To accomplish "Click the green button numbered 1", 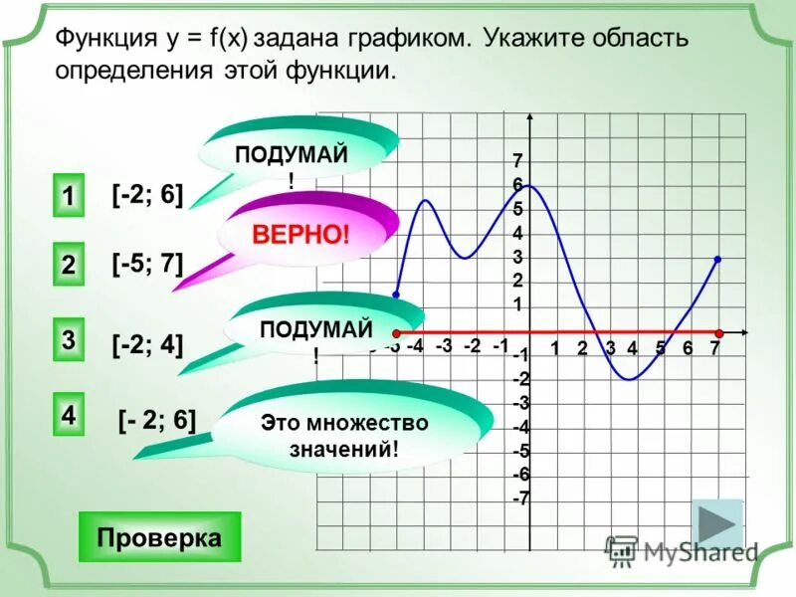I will (68, 195).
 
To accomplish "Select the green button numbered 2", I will (68, 266).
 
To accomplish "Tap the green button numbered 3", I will (68, 339).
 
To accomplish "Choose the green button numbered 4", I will (68, 414).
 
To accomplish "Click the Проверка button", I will (159, 537).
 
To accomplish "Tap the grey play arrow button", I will (717, 523).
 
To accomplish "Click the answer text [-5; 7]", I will (147, 264).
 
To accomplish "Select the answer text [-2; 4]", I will (147, 344).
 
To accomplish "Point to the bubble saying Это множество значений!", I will (344, 435).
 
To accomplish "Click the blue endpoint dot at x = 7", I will (717, 259).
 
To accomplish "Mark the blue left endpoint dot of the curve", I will (396, 296).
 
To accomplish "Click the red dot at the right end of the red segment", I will (717, 331).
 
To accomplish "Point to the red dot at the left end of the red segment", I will (396, 332).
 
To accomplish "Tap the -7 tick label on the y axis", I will (520, 498).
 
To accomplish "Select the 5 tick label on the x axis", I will (660, 347).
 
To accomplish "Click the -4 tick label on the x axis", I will (415, 346).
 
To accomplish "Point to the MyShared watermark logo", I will (682, 549).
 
